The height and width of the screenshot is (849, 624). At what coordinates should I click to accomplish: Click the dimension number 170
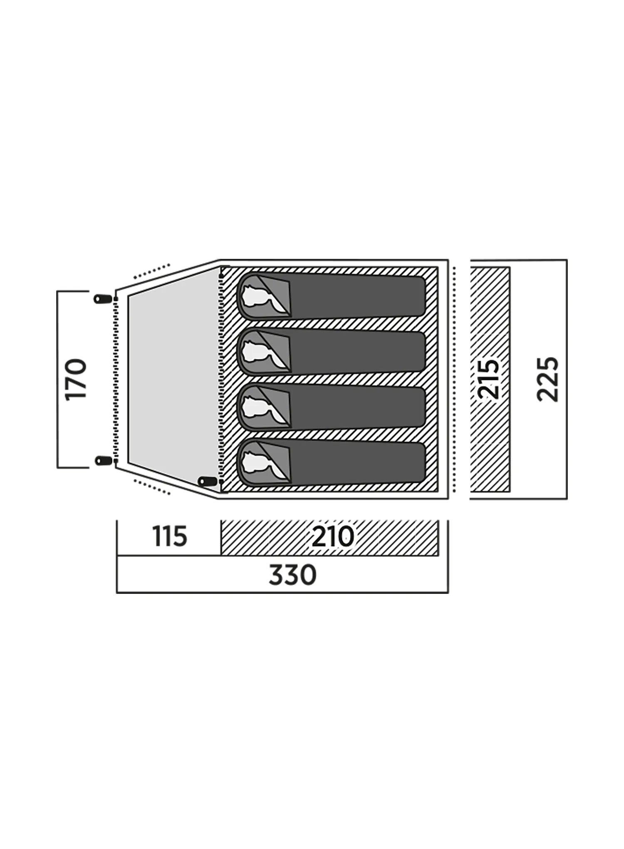click(x=77, y=379)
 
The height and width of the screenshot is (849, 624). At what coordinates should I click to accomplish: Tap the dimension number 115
click(x=169, y=537)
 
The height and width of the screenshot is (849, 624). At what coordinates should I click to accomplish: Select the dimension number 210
click(x=333, y=537)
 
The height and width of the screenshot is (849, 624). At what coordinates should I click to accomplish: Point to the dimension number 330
click(x=292, y=575)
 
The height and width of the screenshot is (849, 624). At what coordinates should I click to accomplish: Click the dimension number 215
click(x=488, y=379)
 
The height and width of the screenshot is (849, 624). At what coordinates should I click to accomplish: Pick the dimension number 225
click(x=547, y=379)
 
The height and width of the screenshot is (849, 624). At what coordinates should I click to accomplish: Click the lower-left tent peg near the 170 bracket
click(x=103, y=460)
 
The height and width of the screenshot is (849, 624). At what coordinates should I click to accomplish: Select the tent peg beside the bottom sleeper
click(x=208, y=481)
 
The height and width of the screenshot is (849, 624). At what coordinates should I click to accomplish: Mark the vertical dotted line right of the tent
click(x=455, y=379)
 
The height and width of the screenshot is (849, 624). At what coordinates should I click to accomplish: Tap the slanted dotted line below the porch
click(x=152, y=486)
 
